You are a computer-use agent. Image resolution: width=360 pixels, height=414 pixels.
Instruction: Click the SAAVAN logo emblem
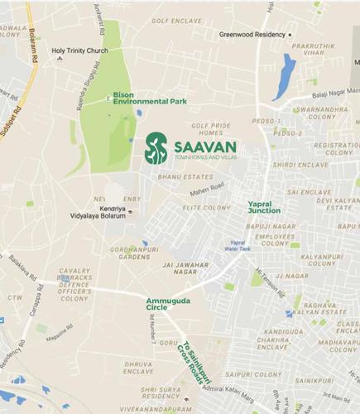click(x=155, y=147)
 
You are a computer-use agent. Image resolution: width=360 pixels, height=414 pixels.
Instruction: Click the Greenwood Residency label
click(x=251, y=35)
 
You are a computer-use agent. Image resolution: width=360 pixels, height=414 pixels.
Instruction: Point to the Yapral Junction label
click(x=264, y=207)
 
